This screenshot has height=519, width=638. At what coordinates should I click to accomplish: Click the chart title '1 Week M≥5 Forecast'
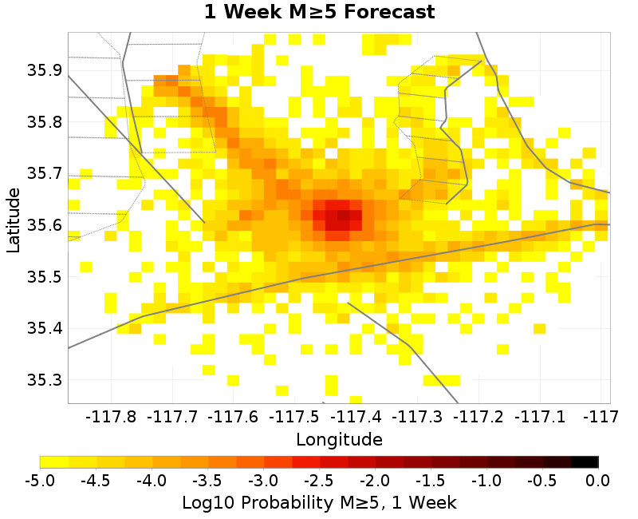(319, 12)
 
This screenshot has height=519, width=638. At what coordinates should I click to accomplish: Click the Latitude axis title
(14, 220)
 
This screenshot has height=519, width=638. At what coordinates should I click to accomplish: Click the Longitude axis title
(339, 439)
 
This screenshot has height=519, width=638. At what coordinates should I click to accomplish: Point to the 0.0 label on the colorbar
(598, 480)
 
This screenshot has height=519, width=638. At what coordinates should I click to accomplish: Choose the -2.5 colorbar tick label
(319, 480)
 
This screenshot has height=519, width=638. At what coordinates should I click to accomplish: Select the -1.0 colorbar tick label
(486, 480)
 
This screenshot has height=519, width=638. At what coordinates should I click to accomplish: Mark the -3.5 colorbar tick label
(207, 480)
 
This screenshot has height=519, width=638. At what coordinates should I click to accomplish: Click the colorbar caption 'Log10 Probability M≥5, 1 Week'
(319, 503)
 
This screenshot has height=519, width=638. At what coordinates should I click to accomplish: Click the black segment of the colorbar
(585, 462)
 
